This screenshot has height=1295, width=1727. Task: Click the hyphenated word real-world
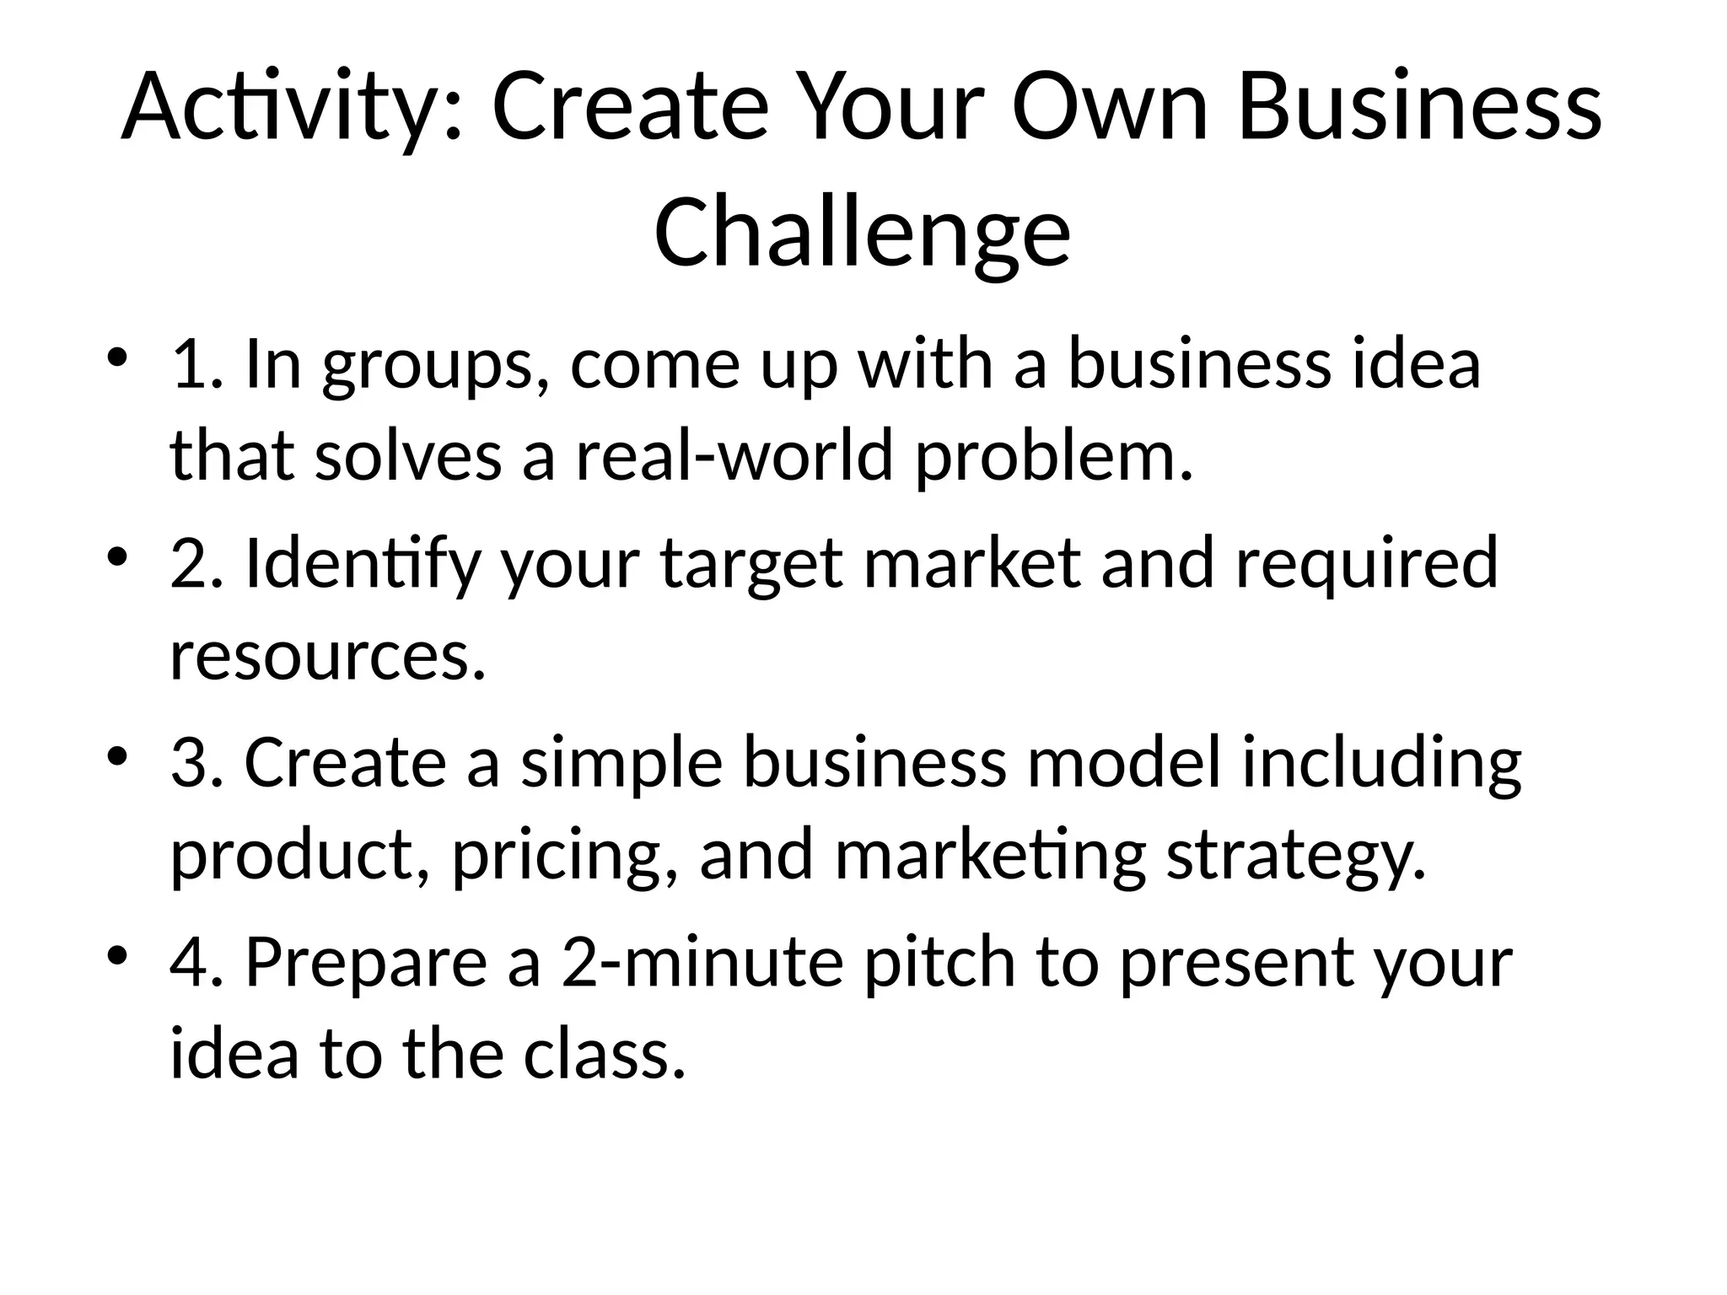tap(734, 456)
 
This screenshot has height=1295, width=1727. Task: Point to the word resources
tap(328, 657)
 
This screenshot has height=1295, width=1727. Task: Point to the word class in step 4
tap(604, 1055)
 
